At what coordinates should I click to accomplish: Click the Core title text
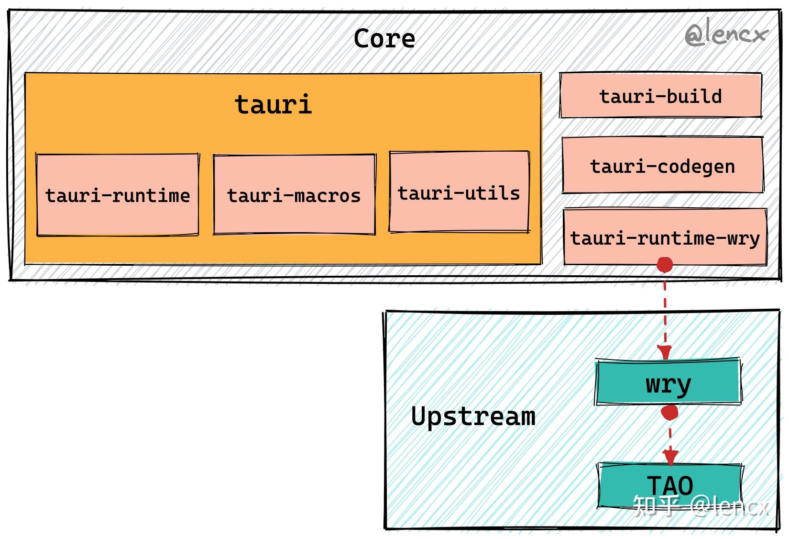pyautogui.click(x=384, y=38)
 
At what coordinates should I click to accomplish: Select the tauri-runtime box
pyautogui.click(x=118, y=195)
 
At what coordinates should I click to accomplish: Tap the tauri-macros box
pyautogui.click(x=294, y=194)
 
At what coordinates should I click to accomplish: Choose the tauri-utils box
pyautogui.click(x=459, y=192)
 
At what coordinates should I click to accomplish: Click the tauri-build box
pyautogui.click(x=660, y=95)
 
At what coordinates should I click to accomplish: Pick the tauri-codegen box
pyautogui.click(x=663, y=165)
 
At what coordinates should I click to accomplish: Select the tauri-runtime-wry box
pyautogui.click(x=665, y=236)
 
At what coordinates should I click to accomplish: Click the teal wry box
pyautogui.click(x=668, y=382)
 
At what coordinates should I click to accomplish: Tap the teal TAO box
pyautogui.click(x=670, y=485)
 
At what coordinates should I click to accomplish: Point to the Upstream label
pyautogui.click(x=473, y=416)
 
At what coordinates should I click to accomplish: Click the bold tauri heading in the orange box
pyautogui.click(x=274, y=104)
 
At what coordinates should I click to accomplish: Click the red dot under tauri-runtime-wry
pyautogui.click(x=665, y=265)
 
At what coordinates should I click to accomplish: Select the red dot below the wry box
pyautogui.click(x=669, y=413)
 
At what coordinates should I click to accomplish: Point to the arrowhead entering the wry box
pyautogui.click(x=665, y=352)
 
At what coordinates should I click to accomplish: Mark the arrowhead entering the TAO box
pyautogui.click(x=670, y=457)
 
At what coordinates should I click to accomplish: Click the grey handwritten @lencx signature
pyautogui.click(x=726, y=34)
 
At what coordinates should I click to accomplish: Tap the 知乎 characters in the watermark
pyautogui.click(x=656, y=506)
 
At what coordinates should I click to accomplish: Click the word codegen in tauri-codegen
pyautogui.click(x=696, y=167)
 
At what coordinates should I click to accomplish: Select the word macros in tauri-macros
pyautogui.click(x=327, y=196)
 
